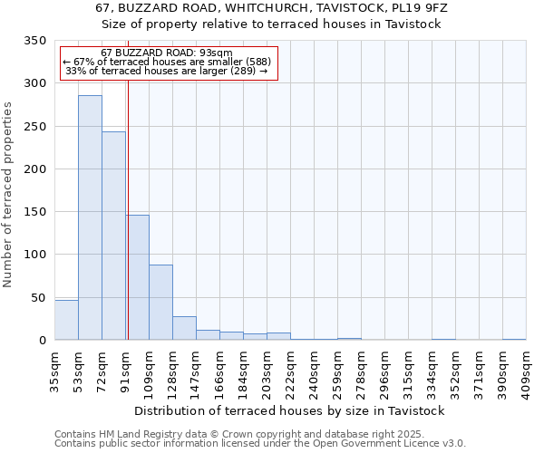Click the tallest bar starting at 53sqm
click(x=90, y=217)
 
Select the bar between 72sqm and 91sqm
click(x=113, y=236)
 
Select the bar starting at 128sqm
click(x=184, y=328)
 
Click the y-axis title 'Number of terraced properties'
click(x=8, y=195)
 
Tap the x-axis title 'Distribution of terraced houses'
click(x=295, y=410)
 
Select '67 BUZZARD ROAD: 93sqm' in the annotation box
click(x=167, y=53)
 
